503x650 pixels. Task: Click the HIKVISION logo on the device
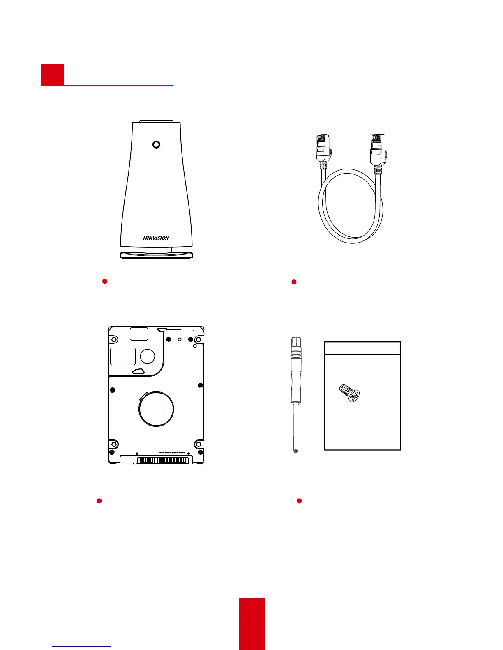[156, 238]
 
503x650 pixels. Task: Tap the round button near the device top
[156, 144]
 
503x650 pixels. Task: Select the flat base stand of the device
[156, 255]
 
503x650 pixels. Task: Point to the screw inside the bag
[349, 393]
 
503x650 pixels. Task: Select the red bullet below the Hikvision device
[105, 281]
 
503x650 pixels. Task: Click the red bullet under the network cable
[294, 282]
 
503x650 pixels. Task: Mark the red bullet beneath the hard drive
[99, 501]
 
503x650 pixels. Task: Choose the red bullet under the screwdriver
[299, 501]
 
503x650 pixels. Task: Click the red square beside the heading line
[52, 75]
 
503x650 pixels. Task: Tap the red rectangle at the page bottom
[252, 624]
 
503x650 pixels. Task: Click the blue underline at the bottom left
[82, 647]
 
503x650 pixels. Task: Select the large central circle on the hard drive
[156, 409]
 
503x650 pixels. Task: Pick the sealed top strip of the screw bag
[362, 348]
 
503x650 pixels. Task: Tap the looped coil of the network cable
[351, 205]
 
